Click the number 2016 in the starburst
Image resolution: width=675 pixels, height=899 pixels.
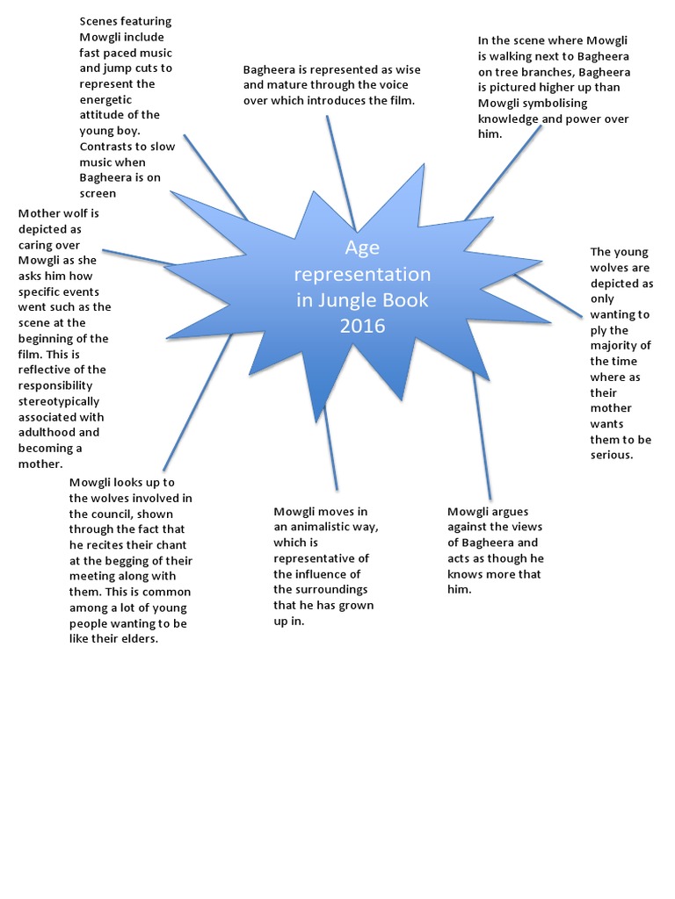(362, 326)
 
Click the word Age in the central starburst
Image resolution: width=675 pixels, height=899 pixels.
(362, 247)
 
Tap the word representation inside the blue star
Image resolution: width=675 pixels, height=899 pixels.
(362, 273)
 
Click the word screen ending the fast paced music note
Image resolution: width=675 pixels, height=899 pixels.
(98, 193)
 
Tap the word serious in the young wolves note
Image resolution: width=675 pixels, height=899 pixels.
(612, 455)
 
